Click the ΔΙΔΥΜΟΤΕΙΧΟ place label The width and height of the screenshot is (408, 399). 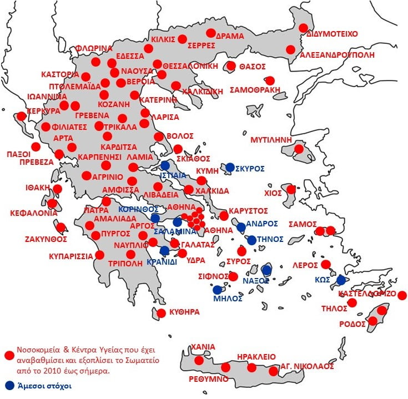coord(332,34)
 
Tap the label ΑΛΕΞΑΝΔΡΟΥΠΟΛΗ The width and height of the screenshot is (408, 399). coord(337,55)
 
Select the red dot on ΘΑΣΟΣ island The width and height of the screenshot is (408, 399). coord(231,67)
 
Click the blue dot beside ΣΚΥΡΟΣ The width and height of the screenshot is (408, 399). coord(230,167)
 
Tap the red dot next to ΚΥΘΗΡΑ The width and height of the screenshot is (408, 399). coord(161,313)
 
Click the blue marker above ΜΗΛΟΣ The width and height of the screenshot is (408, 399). coord(217,290)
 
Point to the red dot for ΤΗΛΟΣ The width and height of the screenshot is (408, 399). coord(351,302)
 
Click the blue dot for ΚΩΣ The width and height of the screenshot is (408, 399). coord(341,281)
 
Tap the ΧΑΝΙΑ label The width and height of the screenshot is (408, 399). coord(203,347)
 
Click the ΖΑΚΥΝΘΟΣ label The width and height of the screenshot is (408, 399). coord(46,239)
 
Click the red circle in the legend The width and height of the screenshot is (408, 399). coord(8,355)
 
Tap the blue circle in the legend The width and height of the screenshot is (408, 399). coord(8,385)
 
